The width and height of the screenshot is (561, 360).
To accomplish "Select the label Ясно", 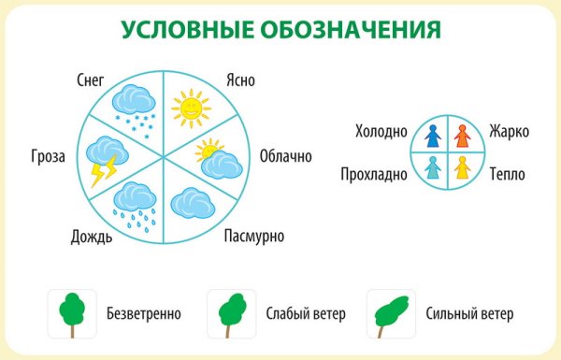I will click(x=241, y=80).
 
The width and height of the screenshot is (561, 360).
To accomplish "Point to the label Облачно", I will click(x=285, y=155).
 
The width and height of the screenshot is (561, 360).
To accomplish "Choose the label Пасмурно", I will click(x=254, y=235).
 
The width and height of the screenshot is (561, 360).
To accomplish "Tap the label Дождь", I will click(x=92, y=236).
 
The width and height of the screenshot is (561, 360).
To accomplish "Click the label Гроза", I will click(x=47, y=155).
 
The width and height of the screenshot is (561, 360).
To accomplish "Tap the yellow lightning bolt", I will click(x=102, y=170).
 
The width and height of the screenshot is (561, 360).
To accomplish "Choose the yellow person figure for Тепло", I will click(x=460, y=167).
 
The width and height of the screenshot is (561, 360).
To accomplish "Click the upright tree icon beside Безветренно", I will click(x=71, y=313).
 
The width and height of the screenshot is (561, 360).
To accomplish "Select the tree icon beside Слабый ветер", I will click(x=230, y=313).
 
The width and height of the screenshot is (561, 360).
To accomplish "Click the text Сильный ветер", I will click(x=468, y=314).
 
